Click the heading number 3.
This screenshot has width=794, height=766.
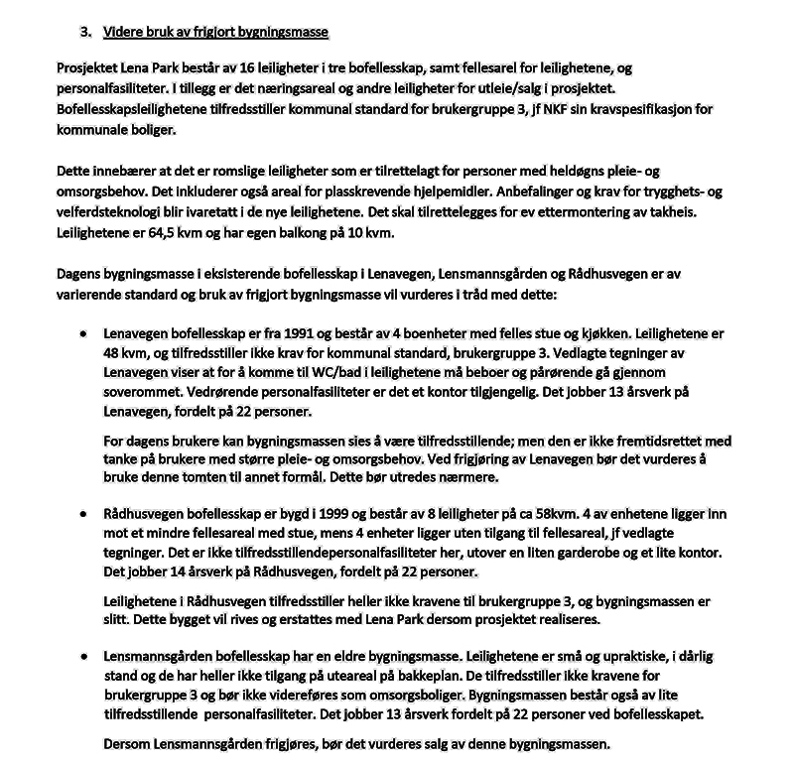tap(84, 32)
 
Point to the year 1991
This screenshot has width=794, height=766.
tap(288, 335)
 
